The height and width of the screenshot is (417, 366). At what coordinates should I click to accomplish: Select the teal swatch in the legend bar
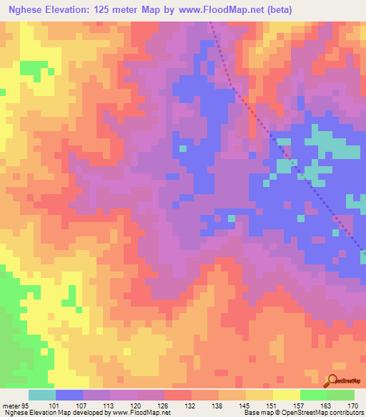tap(42, 394)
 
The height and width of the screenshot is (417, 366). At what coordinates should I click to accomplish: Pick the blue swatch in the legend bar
tap(69, 394)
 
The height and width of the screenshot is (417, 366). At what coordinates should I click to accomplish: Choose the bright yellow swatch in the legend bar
tap(287, 394)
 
